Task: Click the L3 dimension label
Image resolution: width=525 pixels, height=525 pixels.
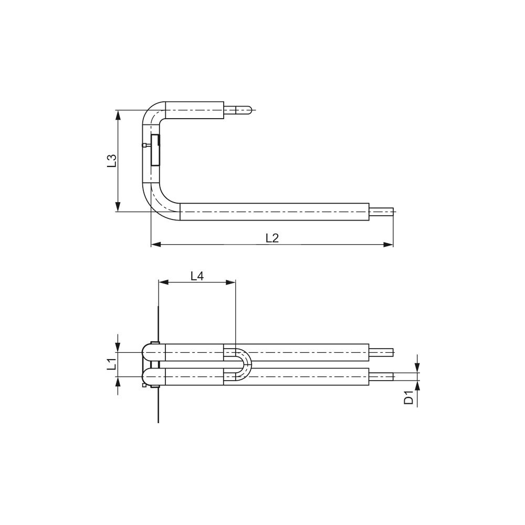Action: (112, 161)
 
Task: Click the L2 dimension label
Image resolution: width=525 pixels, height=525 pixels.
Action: (272, 238)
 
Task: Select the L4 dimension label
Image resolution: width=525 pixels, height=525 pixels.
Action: (197, 276)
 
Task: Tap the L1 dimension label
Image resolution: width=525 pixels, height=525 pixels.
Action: (111, 364)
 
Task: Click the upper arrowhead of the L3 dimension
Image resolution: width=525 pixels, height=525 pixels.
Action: (118, 115)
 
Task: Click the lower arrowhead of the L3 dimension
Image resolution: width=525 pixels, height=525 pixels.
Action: (118, 206)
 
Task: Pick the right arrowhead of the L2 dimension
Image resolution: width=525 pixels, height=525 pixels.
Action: (388, 245)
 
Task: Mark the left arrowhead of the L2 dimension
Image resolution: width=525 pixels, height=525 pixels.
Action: (156, 245)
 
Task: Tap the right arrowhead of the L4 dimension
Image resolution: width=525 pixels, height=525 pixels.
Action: (230, 282)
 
